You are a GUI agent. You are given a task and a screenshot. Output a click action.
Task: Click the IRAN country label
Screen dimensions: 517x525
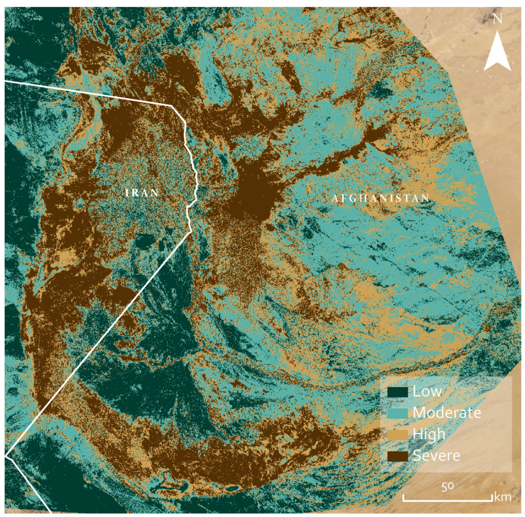142,193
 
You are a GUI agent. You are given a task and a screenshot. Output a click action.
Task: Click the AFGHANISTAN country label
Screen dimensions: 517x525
380,198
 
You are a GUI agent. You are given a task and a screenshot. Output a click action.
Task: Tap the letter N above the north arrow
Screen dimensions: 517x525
497,19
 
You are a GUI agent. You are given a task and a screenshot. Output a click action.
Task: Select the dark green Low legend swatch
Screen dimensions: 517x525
398,392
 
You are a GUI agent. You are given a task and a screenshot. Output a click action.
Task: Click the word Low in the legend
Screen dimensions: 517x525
427,392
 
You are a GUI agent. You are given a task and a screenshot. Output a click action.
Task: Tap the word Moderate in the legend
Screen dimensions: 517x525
446,413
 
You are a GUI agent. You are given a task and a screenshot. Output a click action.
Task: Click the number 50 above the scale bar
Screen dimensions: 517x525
447,487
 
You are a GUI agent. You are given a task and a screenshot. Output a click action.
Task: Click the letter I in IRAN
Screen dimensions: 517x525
127,193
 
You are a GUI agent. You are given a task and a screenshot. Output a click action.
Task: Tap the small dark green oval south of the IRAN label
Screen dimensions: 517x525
143,241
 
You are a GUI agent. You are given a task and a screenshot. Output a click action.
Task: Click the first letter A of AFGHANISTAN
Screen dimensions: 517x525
335,198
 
